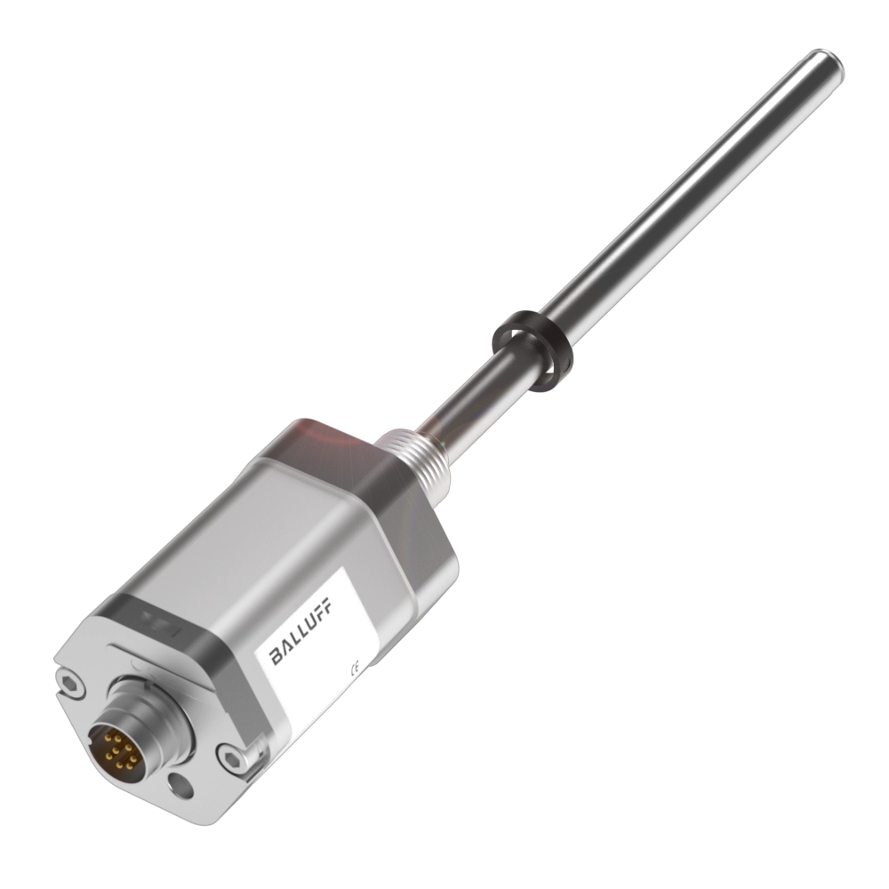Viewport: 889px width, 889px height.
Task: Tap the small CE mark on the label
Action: [x=355, y=667]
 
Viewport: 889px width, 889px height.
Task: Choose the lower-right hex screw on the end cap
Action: [x=233, y=757]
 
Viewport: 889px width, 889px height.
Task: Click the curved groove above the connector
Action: [x=133, y=662]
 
